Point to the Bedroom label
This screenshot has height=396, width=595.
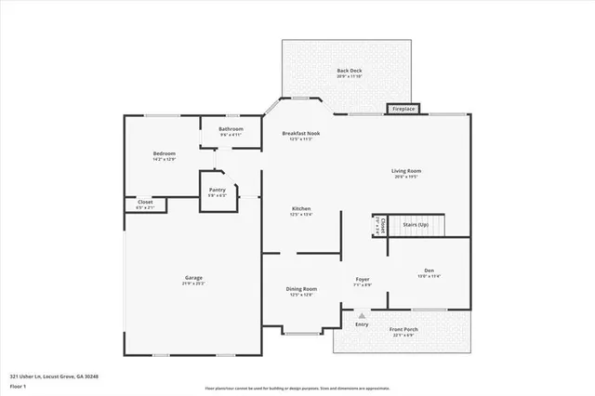pyautogui.click(x=165, y=155)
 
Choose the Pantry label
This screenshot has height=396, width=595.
pyautogui.click(x=217, y=191)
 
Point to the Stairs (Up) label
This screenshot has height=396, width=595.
pyautogui.click(x=416, y=224)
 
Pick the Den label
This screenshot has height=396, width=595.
pyautogui.click(x=429, y=272)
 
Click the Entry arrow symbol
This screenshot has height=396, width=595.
pyautogui.click(x=362, y=315)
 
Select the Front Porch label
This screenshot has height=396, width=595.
pyautogui.click(x=403, y=332)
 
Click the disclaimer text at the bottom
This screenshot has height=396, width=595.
pyautogui.click(x=297, y=387)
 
